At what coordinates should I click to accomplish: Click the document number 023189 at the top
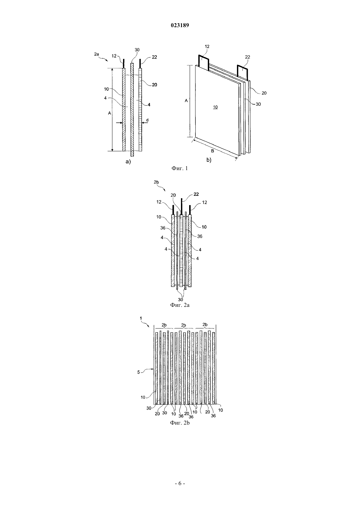click(180, 25)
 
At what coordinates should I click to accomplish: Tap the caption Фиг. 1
click(180, 168)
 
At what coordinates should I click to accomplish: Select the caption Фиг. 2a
click(180, 305)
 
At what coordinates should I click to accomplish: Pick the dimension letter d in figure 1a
click(147, 120)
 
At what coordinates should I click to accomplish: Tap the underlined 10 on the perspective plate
click(215, 107)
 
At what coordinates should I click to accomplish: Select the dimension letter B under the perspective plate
click(212, 151)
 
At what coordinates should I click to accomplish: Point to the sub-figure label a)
click(128, 162)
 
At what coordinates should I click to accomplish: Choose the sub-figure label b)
click(209, 160)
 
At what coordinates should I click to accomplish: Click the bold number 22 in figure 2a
click(196, 194)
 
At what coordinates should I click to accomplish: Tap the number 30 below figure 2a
click(180, 300)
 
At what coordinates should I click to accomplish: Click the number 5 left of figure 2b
click(138, 372)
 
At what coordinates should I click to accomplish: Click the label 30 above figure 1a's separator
click(137, 50)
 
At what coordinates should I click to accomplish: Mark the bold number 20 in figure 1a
click(154, 85)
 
